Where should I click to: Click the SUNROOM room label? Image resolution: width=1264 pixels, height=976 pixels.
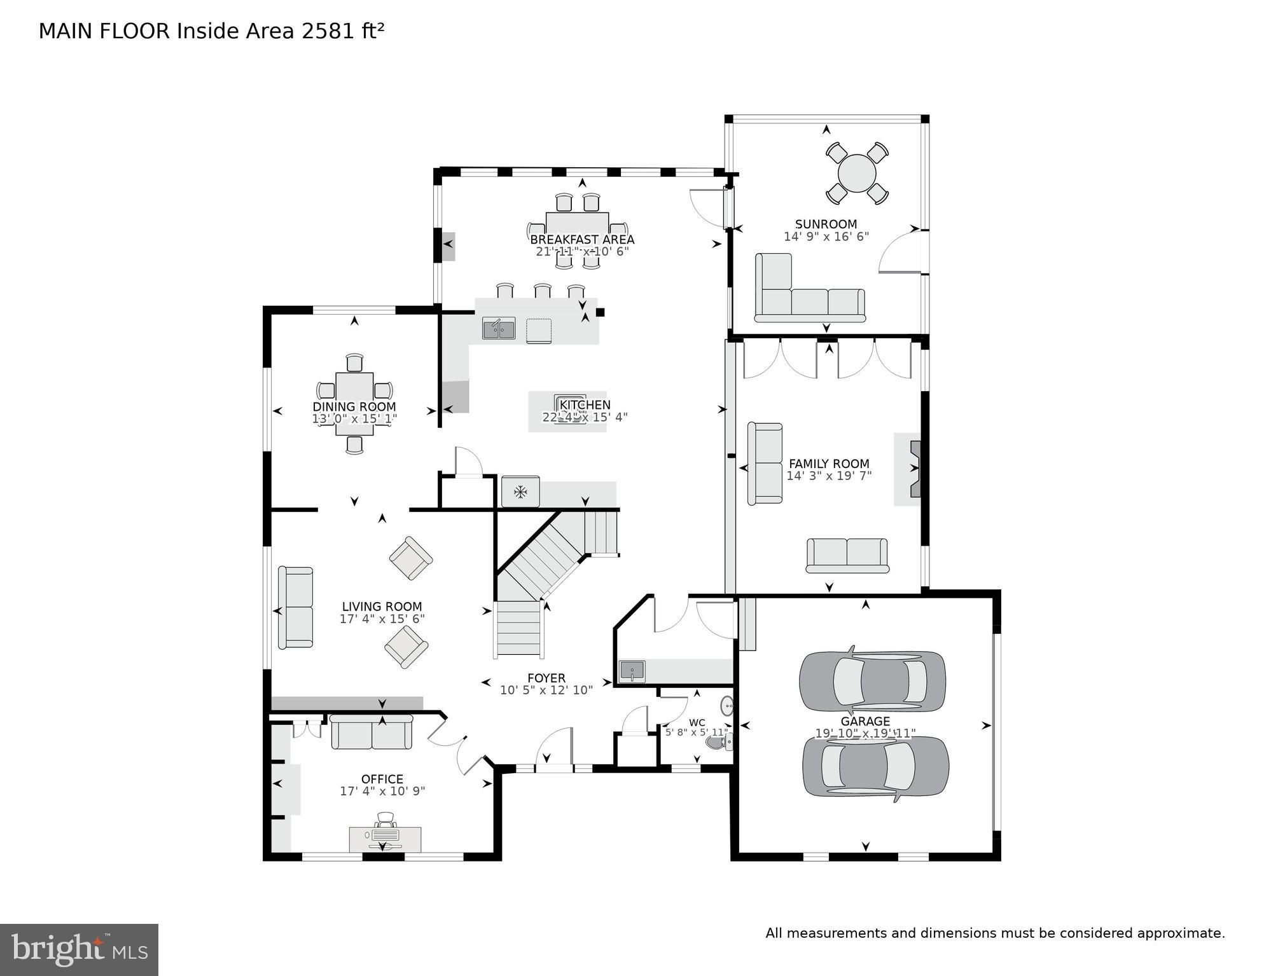click(x=826, y=224)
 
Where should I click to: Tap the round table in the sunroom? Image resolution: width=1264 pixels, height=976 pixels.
click(x=856, y=173)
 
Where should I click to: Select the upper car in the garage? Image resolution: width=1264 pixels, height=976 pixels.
click(x=872, y=681)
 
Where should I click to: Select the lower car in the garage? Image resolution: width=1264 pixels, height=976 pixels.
click(x=875, y=766)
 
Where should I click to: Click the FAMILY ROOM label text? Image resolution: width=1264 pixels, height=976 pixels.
click(x=828, y=464)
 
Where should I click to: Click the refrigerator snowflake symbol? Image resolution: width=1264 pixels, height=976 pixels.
click(x=520, y=491)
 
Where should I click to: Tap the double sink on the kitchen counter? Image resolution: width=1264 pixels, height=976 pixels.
click(x=499, y=329)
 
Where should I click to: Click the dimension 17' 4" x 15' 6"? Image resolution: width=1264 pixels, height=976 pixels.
click(x=382, y=619)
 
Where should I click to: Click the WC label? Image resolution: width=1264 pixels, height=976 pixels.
click(x=697, y=722)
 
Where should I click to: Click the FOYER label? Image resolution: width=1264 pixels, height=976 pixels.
click(x=546, y=678)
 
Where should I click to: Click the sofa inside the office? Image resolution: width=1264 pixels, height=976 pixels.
click(x=372, y=732)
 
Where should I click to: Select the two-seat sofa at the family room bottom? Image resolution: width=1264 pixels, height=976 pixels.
click(x=847, y=554)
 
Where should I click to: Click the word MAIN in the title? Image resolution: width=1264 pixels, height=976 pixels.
click(x=66, y=31)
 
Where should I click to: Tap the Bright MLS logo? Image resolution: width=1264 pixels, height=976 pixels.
click(x=79, y=949)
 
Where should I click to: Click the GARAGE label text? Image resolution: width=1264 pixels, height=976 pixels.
click(x=865, y=721)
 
